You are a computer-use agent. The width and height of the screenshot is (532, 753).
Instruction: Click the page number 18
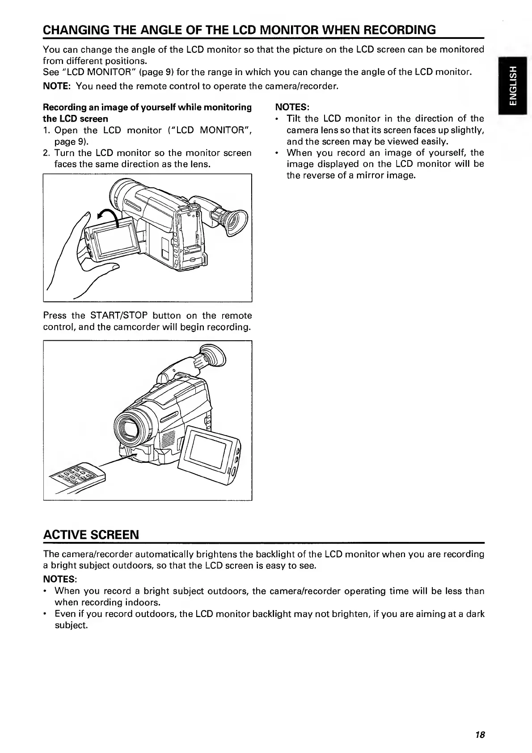480,735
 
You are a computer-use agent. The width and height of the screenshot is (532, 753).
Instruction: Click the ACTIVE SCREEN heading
91,534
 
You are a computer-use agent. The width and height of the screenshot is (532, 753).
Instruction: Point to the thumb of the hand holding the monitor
98,267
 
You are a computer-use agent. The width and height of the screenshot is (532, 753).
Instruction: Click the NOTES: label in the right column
291,107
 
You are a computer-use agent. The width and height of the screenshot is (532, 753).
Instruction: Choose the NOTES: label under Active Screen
60,580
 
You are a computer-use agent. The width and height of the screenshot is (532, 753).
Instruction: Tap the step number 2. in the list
47,153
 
